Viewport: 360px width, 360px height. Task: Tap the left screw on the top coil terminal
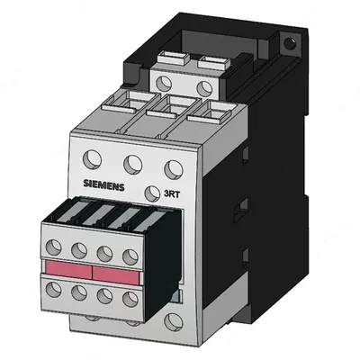click(164, 83)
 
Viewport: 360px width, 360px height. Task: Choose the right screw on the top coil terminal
click(205, 87)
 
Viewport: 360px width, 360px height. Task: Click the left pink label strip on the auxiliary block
click(63, 271)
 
